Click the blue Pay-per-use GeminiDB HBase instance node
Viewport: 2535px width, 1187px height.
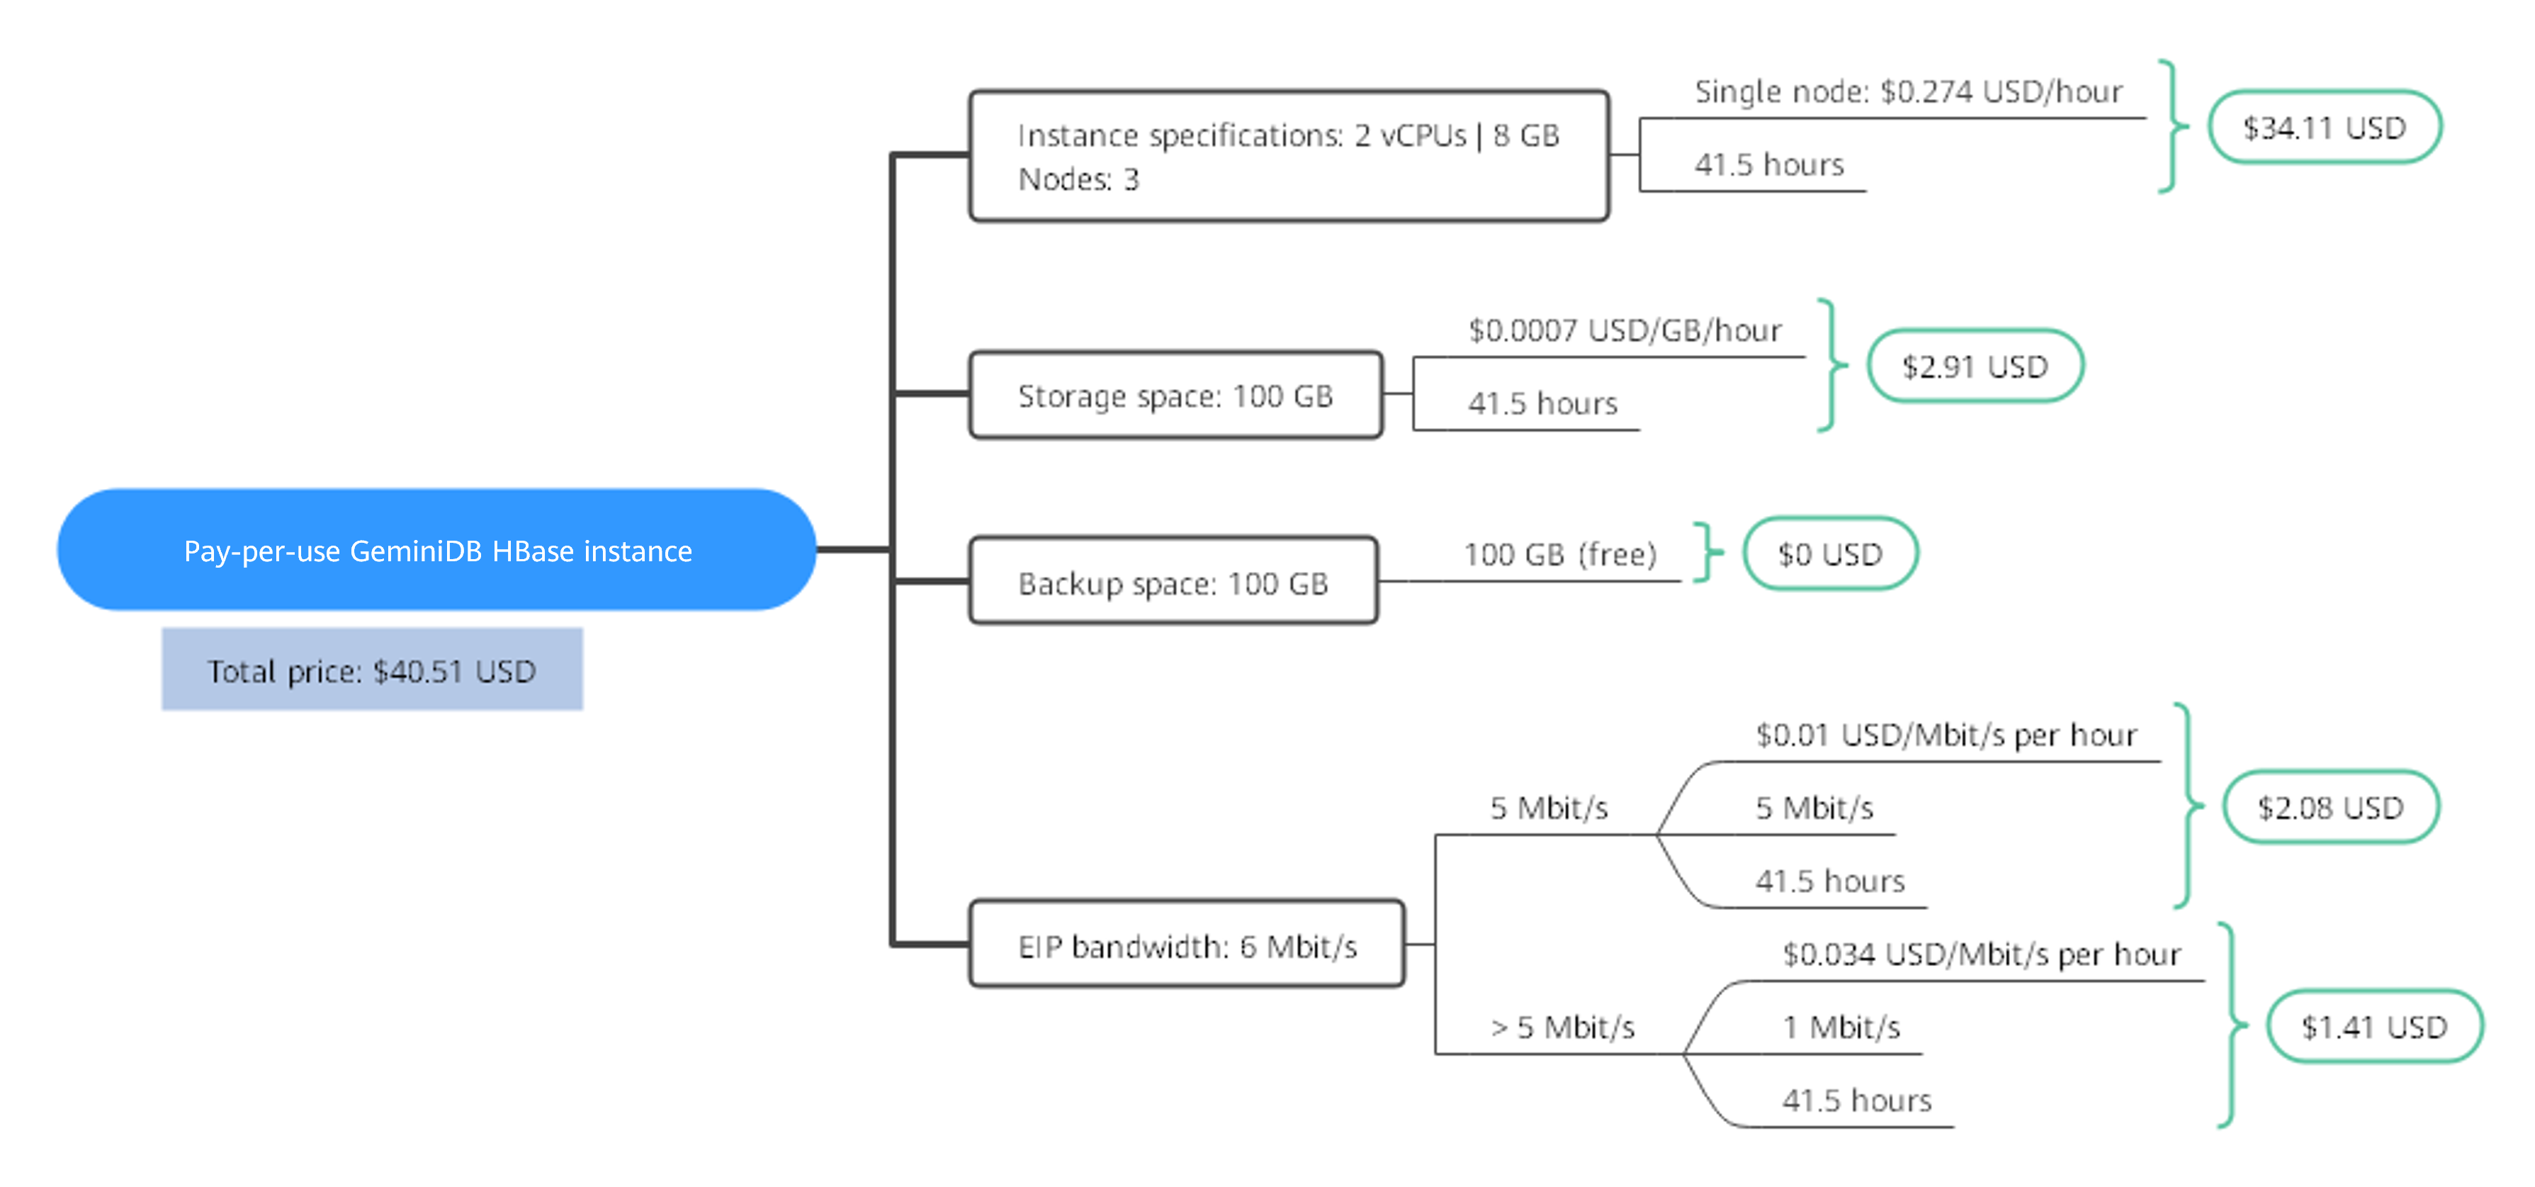click(x=437, y=549)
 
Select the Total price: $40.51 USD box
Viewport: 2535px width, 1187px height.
click(x=372, y=669)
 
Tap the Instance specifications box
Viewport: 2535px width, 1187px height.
click(x=1289, y=155)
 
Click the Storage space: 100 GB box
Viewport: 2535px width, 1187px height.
click(x=1176, y=395)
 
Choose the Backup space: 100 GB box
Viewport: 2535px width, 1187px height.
click(x=1173, y=580)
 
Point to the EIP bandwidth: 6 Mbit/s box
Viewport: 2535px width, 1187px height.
click(x=1187, y=943)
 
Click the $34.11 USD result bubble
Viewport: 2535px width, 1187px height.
click(x=2325, y=127)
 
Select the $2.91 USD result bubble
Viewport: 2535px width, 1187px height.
click(x=1975, y=366)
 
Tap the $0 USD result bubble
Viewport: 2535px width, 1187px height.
click(x=1830, y=553)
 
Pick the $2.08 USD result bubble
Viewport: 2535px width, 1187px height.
click(x=2330, y=807)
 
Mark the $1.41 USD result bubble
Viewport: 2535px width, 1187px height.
click(x=2375, y=1027)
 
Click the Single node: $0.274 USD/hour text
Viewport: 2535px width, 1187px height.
click(x=1908, y=91)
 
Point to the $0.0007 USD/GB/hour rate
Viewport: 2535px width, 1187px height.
click(x=1625, y=330)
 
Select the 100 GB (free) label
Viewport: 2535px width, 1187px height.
click(x=1561, y=554)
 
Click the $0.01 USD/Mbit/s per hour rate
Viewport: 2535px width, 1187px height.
click(x=1946, y=734)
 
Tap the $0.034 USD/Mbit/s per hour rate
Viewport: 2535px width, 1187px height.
click(x=1982, y=954)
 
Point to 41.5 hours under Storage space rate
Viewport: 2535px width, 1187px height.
click(x=1542, y=403)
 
